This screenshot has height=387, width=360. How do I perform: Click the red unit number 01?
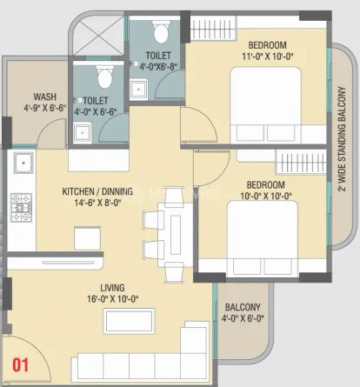click(20, 365)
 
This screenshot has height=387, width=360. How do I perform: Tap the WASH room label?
click(44, 97)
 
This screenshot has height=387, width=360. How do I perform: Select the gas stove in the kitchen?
click(21, 208)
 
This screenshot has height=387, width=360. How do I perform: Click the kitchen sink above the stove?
click(23, 163)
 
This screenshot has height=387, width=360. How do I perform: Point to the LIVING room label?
click(112, 288)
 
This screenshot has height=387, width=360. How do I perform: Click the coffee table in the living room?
click(129, 321)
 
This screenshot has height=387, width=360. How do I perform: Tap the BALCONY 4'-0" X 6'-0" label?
click(243, 313)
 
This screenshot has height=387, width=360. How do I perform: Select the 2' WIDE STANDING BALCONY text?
click(343, 139)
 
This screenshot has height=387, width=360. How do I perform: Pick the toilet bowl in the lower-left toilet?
click(105, 77)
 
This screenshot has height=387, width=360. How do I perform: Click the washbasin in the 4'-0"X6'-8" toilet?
click(138, 90)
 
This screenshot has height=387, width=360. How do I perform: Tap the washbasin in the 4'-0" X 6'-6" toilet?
click(83, 132)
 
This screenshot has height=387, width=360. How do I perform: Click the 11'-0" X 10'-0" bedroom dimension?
click(268, 57)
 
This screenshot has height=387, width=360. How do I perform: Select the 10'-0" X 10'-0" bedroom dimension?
click(266, 197)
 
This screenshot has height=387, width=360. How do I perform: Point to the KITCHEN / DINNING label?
click(97, 191)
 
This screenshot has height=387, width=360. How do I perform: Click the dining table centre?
click(176, 235)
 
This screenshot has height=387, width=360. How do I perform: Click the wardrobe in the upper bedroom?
click(213, 28)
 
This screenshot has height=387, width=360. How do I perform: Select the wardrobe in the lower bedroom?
click(301, 162)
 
